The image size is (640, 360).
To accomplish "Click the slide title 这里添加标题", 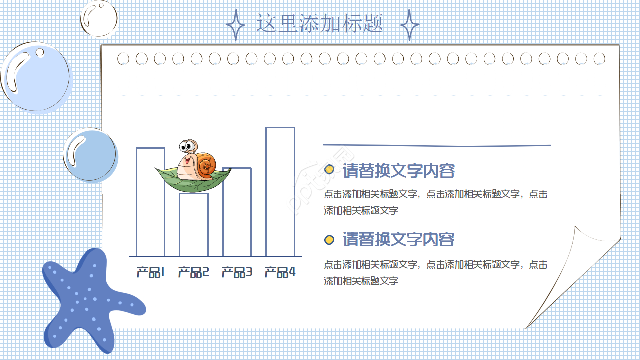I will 320,23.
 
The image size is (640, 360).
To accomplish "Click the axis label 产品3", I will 237,272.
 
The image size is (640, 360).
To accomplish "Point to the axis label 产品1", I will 150,272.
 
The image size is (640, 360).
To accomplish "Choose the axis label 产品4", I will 280,272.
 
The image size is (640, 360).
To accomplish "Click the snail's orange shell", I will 206,166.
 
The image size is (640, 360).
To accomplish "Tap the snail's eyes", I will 188,147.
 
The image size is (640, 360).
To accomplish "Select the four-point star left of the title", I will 235,25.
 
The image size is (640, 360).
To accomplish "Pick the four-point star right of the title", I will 410,25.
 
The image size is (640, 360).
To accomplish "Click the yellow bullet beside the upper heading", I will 329,169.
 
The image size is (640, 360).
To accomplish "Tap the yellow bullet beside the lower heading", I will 329,240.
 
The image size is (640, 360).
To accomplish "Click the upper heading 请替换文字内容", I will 399,171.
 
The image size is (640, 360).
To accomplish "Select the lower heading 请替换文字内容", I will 399,240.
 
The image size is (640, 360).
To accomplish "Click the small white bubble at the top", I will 99,18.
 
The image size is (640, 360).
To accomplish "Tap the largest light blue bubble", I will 36,77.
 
